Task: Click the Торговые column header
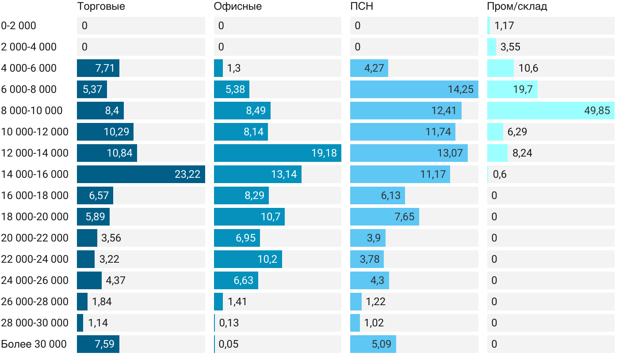[x=101, y=7]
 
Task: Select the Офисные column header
[x=237, y=7]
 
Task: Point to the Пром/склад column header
[x=517, y=7]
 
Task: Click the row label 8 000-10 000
[x=32, y=111]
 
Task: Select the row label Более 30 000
[x=34, y=344]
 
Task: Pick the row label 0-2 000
[x=19, y=26]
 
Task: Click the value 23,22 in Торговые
[x=187, y=174]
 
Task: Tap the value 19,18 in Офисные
[x=324, y=153]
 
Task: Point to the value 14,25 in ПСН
[x=460, y=89]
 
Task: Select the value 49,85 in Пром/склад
[x=597, y=111]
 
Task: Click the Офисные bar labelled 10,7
[x=249, y=217]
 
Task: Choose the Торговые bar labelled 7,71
[x=98, y=68]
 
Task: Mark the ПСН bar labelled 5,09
[x=373, y=344]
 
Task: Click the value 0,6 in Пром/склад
[x=500, y=174]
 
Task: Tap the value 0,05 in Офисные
[x=229, y=344]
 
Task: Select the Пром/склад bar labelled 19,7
[x=512, y=89]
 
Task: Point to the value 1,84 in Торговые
[x=102, y=302]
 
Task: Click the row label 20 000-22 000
[x=35, y=238]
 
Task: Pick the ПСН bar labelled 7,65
[x=385, y=217]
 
